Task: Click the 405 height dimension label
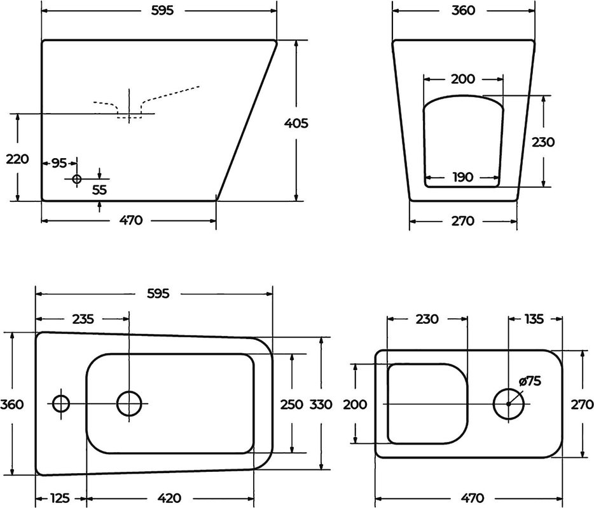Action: point(296,123)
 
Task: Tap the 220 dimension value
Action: point(17,159)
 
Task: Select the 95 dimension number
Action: point(59,163)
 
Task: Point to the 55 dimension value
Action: point(100,190)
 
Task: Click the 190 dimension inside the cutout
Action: point(463,177)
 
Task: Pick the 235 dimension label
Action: point(83,319)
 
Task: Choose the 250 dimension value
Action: point(291,404)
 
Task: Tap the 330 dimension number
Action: point(321,404)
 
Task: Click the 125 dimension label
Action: point(60,498)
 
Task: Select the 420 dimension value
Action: point(169,498)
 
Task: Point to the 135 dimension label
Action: point(534,319)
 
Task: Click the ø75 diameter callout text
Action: point(530,381)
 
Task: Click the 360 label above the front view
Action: point(463,11)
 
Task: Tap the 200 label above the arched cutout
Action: point(462,79)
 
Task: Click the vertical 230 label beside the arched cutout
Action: point(543,142)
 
